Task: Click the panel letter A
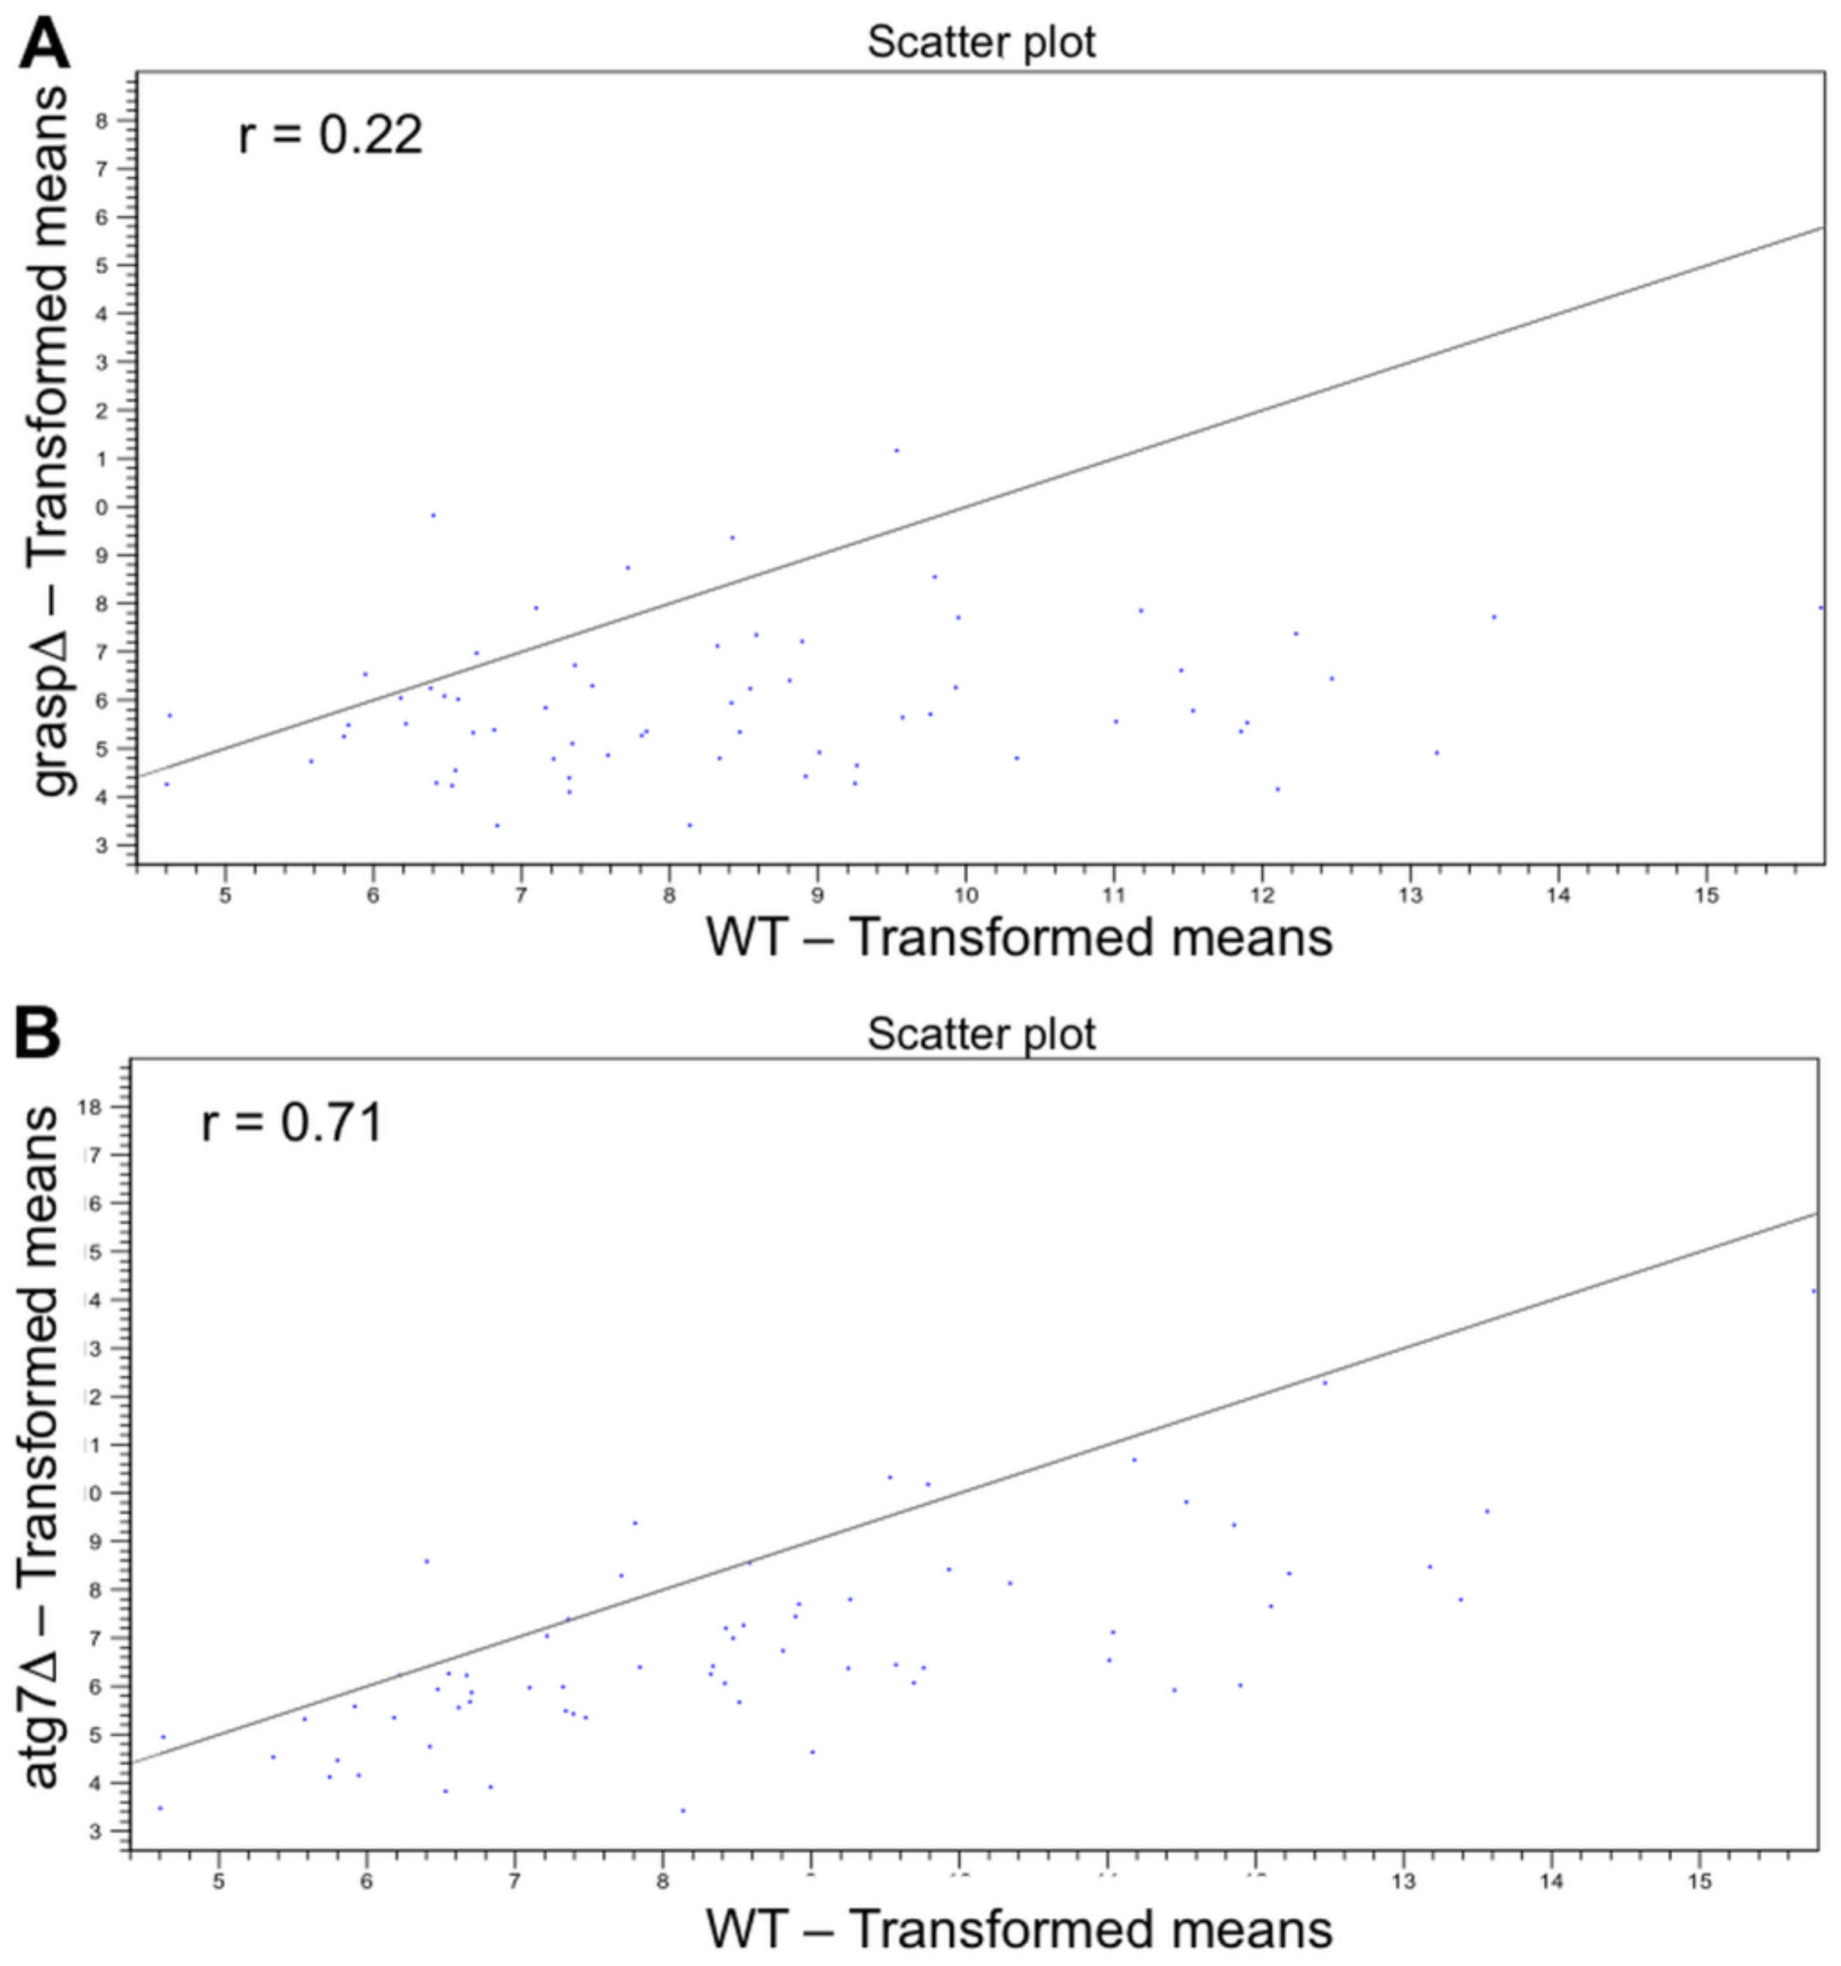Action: coord(45,45)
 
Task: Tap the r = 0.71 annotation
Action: coord(292,1124)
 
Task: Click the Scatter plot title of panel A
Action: coord(981,42)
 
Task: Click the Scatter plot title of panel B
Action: coord(981,1035)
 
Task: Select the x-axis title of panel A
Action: coord(1019,937)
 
